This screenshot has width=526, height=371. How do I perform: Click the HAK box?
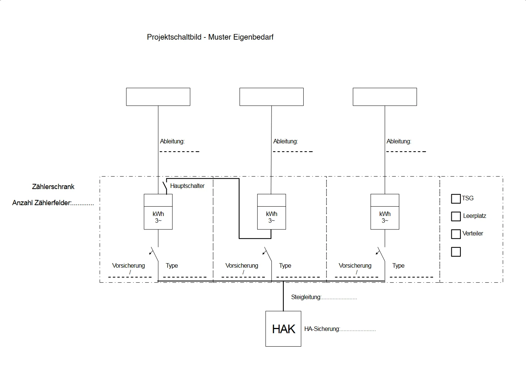coord(283,329)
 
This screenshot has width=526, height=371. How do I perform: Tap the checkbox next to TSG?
coord(456,199)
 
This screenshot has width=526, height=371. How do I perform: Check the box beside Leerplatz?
coord(456,216)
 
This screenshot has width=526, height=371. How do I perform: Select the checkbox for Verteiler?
coord(456,234)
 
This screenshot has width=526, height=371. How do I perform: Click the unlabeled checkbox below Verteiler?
coord(456,252)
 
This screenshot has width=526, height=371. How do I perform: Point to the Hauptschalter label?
coord(187,186)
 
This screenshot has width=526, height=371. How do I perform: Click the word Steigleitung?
coord(306,297)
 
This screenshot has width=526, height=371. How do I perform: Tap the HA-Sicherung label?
coord(322,329)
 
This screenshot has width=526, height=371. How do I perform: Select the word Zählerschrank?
coord(53,186)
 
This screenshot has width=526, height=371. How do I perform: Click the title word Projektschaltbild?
coord(174,37)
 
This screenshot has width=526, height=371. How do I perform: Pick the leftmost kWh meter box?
coord(158,212)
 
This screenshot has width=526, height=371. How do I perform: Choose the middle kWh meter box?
coord(271,212)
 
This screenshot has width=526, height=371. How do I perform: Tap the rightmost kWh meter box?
coord(385,212)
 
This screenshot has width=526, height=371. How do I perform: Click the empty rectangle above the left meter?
coord(158,97)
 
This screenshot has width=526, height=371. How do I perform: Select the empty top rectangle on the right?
coord(385,97)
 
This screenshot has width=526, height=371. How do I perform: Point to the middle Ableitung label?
coord(285,142)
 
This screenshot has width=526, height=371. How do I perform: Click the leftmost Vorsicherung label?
coord(128,265)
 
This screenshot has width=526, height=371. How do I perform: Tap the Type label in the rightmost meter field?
coord(398,265)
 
